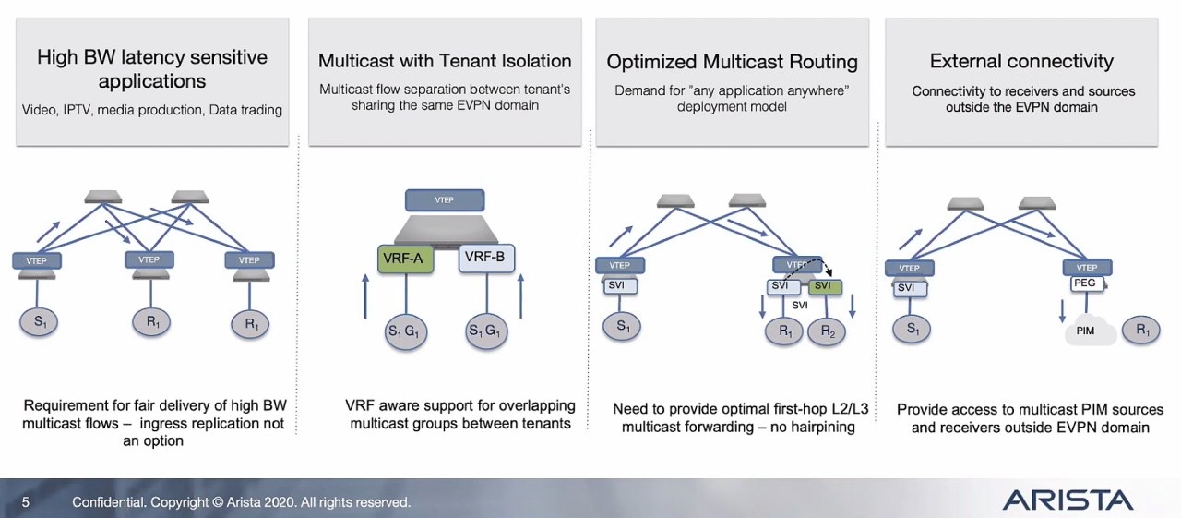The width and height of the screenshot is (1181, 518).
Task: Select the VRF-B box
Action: coord(486,258)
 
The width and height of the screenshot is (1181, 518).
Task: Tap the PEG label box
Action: coord(1085,283)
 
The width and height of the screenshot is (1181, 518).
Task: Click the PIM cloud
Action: coord(1086,330)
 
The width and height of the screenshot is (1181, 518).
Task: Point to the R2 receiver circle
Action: coord(827,332)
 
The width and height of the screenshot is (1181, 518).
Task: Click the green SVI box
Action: coord(822,286)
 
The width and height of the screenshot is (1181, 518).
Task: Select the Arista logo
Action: coord(1068,500)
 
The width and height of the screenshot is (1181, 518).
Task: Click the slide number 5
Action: coord(26,502)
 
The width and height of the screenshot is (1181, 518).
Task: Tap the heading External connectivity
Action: coord(1021,62)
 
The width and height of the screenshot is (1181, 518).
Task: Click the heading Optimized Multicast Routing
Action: coord(732,62)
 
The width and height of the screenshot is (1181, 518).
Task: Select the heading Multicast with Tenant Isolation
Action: coord(445,61)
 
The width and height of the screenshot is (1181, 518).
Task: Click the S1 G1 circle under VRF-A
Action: coord(405,331)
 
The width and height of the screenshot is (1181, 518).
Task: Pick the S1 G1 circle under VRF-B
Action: coord(486,331)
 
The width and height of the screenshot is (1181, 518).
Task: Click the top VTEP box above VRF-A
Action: coord(444,199)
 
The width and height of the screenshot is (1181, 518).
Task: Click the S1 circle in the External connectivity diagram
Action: coord(913,329)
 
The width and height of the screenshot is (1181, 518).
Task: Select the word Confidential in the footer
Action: coord(106,502)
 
